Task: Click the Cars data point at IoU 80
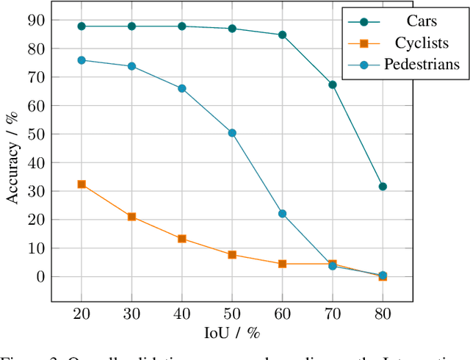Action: (383, 187)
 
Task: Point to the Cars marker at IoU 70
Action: (333, 84)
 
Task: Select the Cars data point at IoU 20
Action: (82, 26)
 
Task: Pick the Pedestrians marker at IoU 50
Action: (232, 133)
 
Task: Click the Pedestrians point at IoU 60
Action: (282, 214)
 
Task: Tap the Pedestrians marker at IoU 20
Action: (82, 60)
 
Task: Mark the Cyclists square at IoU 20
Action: (82, 184)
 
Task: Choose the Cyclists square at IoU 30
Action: (131, 217)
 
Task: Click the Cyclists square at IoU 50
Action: (232, 255)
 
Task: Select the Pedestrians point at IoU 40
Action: (182, 88)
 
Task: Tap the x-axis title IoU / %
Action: (232, 333)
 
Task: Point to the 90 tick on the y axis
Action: (35, 21)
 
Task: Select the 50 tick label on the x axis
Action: (232, 312)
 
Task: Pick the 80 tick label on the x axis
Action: (383, 312)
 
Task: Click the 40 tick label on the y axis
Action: (35, 163)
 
